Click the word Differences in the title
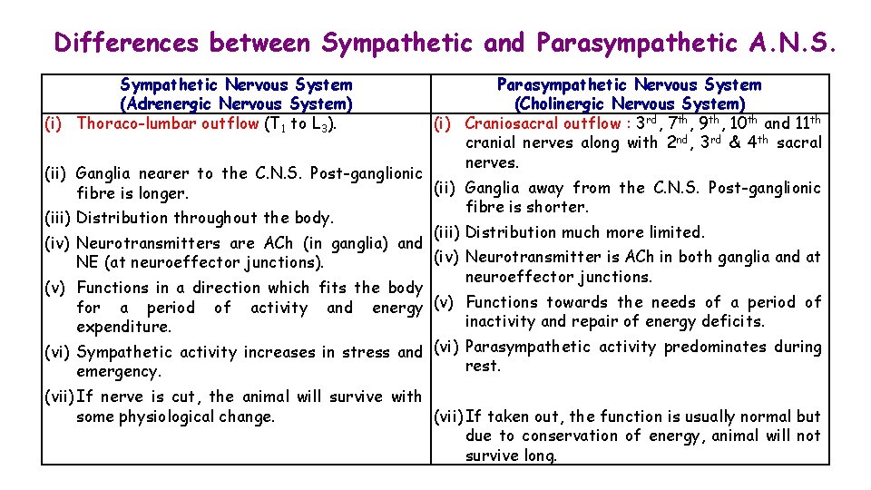(x=127, y=43)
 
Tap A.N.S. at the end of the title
(x=792, y=43)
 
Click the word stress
(x=367, y=352)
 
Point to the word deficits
(x=733, y=321)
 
